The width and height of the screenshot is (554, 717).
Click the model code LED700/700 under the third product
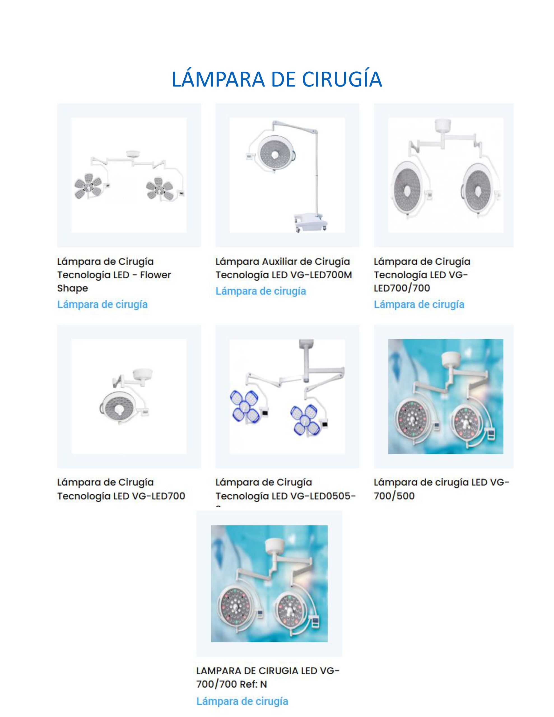(402, 288)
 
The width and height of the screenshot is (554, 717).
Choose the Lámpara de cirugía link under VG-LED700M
(260, 291)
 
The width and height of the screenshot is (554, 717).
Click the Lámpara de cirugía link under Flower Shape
(102, 304)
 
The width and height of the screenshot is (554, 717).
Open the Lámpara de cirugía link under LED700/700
(419, 304)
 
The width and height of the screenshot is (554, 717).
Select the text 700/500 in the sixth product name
(394, 496)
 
